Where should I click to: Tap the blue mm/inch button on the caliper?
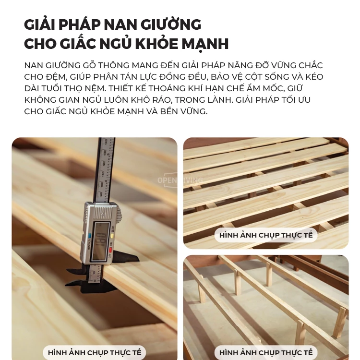click(x=89, y=236)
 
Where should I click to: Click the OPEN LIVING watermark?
click(x=180, y=180)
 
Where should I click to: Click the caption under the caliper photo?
click(x=95, y=352)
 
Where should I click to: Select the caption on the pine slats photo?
click(x=265, y=235)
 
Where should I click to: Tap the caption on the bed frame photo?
click(x=265, y=352)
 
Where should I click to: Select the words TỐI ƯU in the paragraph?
click(x=293, y=100)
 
